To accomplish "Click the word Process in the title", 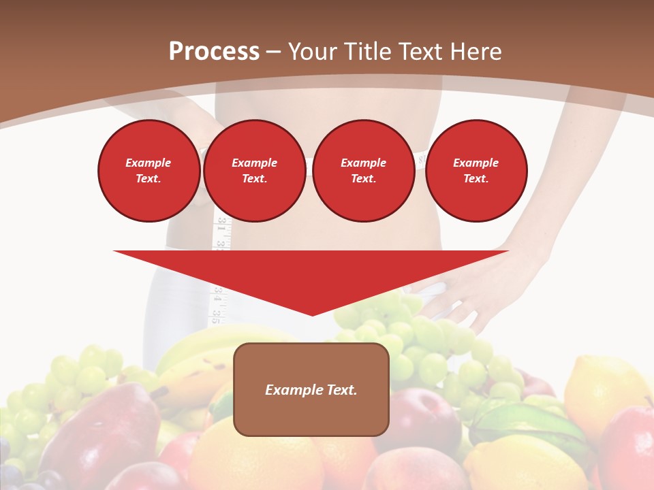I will point(214,52).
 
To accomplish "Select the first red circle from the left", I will point(149,171).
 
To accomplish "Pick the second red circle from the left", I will point(255,171).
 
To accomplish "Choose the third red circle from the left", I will point(363,171).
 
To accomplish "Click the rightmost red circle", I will point(476,171).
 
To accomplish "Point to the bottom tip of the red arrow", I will point(312,314).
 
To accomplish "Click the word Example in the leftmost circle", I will point(149,163).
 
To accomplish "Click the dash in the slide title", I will point(274,52).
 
